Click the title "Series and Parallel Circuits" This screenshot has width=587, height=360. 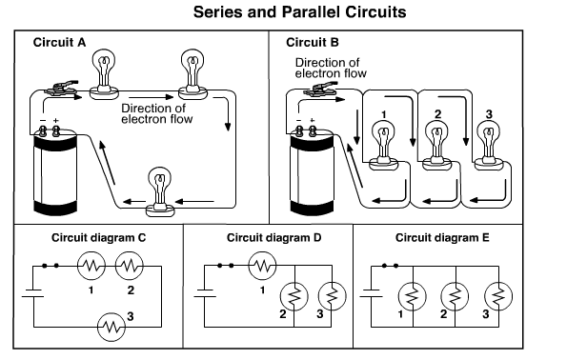(299, 12)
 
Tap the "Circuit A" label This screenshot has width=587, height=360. (59, 42)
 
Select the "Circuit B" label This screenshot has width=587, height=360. (313, 42)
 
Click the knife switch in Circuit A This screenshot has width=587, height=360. (61, 88)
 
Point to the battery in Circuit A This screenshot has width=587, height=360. (55, 171)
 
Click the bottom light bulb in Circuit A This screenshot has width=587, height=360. (160, 191)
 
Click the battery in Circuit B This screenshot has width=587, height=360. (312, 171)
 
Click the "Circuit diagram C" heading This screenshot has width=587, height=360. (98, 238)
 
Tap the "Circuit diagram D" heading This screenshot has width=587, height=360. (274, 238)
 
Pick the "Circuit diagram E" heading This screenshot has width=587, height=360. (442, 238)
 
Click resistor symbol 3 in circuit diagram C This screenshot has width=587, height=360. (111, 327)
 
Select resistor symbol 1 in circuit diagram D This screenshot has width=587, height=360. (262, 266)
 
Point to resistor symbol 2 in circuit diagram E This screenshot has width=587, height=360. (455, 297)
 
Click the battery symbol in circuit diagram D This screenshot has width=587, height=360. (205, 293)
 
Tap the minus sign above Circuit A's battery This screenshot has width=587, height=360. (43, 121)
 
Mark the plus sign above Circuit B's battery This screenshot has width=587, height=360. (313, 120)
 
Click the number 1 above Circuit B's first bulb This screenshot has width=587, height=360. (383, 114)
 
